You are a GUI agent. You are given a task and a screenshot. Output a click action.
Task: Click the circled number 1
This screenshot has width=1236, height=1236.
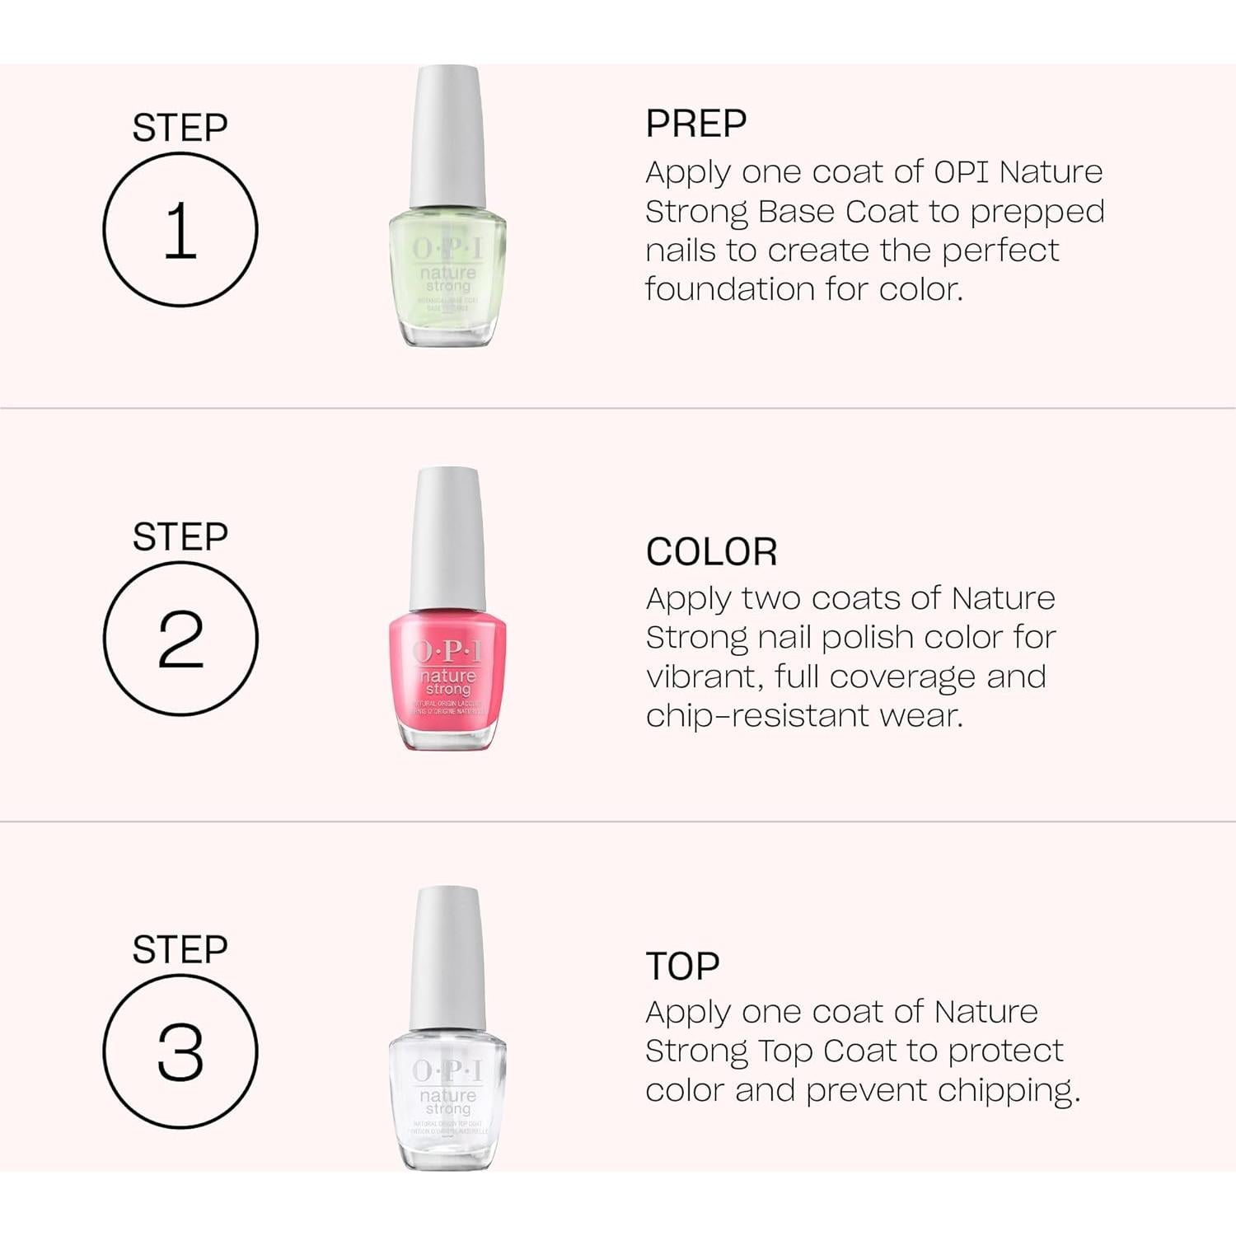pyautogui.click(x=180, y=230)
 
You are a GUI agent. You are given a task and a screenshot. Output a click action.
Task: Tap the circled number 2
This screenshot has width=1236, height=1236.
pyautogui.click(x=180, y=639)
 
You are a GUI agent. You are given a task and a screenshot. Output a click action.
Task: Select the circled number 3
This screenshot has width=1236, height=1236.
pyautogui.click(x=180, y=1051)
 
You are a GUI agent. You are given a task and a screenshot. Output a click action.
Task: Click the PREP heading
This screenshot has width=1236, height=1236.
pyautogui.click(x=696, y=124)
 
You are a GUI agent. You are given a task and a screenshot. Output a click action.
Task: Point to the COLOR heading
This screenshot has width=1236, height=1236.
pyautogui.click(x=711, y=552)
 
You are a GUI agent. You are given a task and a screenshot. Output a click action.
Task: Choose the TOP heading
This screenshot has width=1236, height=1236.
pyautogui.click(x=682, y=966)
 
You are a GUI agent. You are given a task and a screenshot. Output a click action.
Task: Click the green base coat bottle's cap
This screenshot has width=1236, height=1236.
pyautogui.click(x=447, y=136)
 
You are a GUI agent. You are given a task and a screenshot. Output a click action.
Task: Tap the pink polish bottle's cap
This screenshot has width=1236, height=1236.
pyautogui.click(x=447, y=538)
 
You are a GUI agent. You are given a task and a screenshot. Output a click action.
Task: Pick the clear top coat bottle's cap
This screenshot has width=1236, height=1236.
pyautogui.click(x=447, y=957)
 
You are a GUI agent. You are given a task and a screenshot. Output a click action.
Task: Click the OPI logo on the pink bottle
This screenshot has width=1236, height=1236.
pyautogui.click(x=447, y=652)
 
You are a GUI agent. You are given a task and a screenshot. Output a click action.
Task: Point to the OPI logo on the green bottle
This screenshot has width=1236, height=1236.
pyautogui.click(x=447, y=248)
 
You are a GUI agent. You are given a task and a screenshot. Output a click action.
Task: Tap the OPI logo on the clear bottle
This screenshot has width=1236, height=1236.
pyautogui.click(x=447, y=1070)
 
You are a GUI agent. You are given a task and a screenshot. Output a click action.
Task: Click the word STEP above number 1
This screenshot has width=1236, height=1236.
pyautogui.click(x=180, y=128)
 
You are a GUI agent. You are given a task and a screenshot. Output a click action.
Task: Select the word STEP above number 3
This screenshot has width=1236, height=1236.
pyautogui.click(x=180, y=949)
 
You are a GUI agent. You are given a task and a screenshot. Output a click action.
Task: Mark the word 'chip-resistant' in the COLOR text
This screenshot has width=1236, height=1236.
pyautogui.click(x=756, y=716)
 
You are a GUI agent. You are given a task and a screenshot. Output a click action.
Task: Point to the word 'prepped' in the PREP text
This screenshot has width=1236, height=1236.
pyautogui.click(x=1037, y=213)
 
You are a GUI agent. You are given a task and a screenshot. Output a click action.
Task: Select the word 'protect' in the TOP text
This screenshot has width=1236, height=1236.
pyautogui.click(x=1005, y=1051)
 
